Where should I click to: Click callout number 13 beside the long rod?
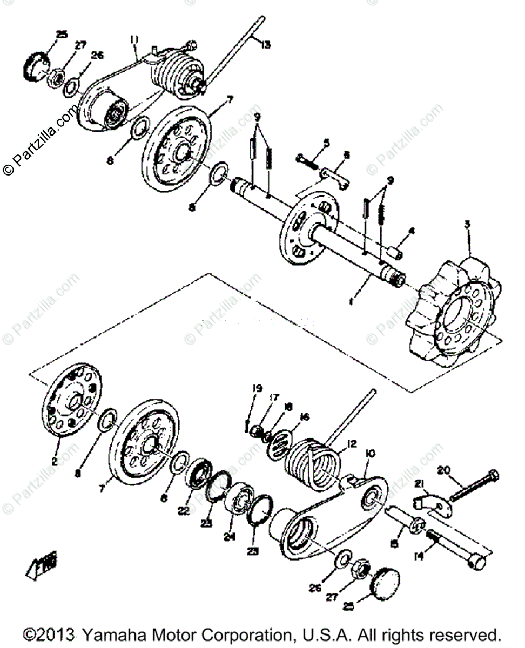265,44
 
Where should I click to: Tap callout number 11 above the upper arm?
134,39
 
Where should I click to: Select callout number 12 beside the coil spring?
352,443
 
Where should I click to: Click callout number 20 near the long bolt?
443,471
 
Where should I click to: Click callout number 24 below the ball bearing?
230,538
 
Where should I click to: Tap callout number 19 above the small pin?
258,388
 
